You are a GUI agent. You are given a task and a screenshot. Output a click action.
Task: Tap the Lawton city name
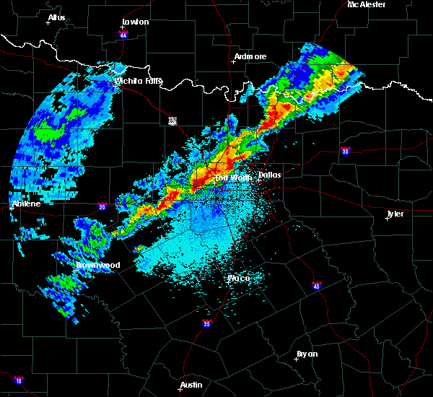click(x=135, y=22)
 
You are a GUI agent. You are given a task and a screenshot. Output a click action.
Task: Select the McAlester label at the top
click(x=367, y=4)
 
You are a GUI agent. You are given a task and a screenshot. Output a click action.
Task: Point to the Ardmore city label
click(x=250, y=56)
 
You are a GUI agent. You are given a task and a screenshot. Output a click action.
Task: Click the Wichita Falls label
click(x=138, y=81)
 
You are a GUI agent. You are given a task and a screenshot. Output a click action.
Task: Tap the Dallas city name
click(x=269, y=175)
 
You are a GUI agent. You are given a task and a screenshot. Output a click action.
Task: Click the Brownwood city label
click(x=98, y=265)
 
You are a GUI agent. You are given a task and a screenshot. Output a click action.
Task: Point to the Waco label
click(x=239, y=278)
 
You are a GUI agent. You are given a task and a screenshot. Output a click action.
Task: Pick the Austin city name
click(x=191, y=385)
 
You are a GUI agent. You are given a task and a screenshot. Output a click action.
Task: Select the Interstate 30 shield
click(x=346, y=151)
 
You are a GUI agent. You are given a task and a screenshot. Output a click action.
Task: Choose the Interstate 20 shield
click(x=102, y=206)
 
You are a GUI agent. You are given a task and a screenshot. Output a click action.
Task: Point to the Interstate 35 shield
click(x=208, y=323)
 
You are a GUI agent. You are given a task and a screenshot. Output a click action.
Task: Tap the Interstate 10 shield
click(x=18, y=380)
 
